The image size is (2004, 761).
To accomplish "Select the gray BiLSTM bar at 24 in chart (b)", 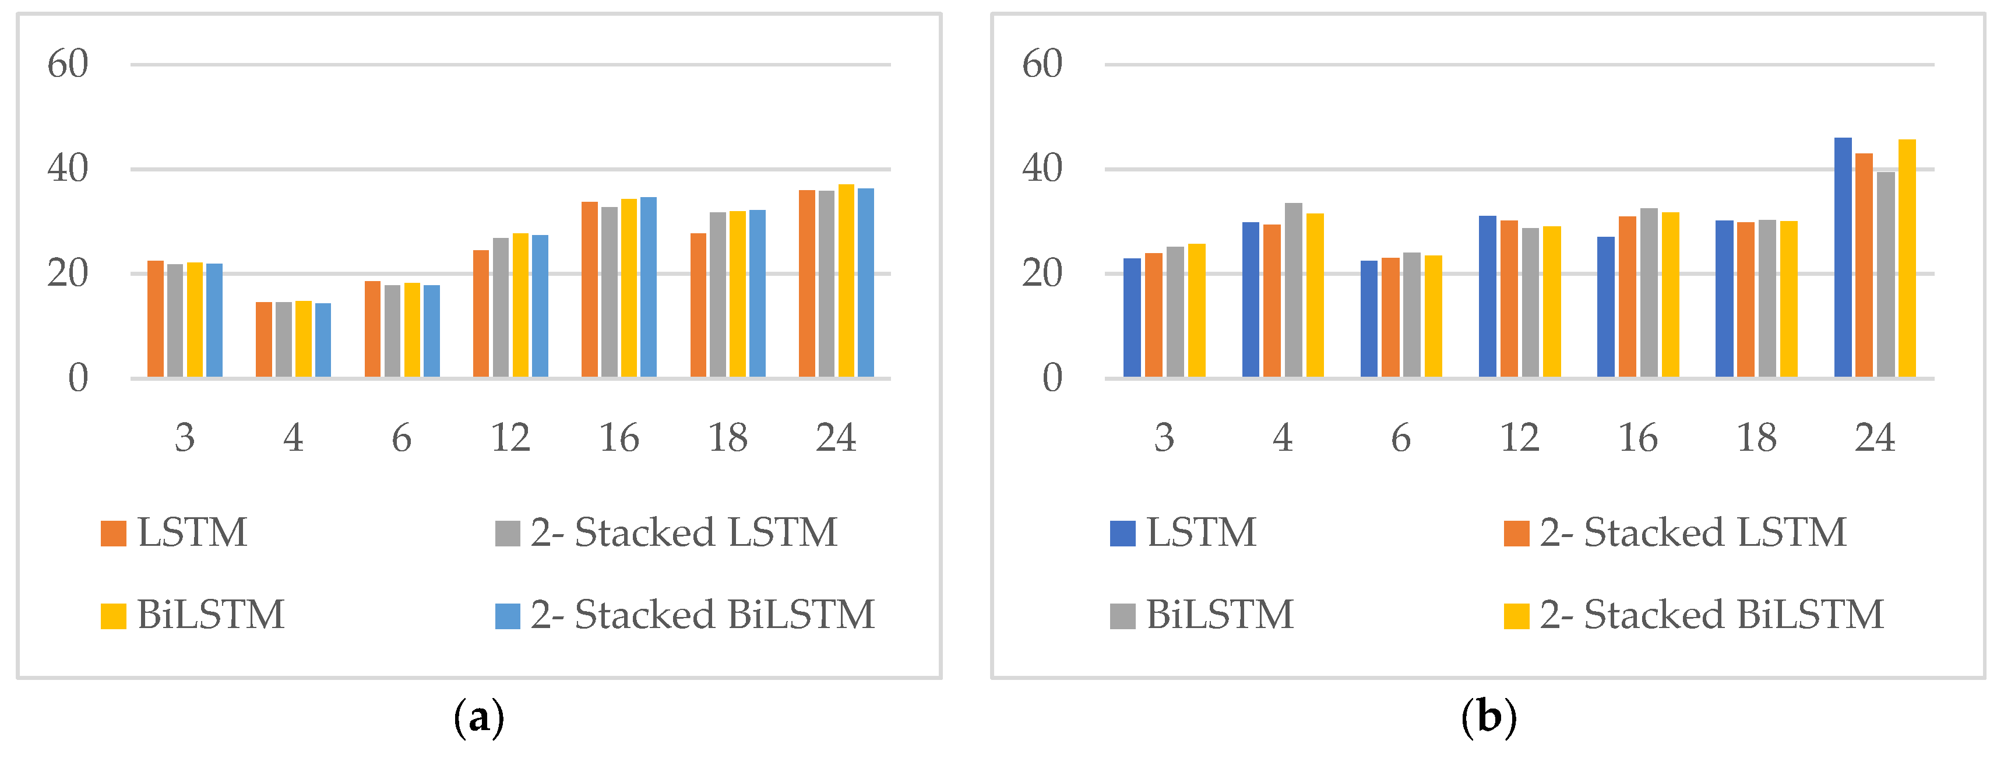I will pyautogui.click(x=1885, y=275).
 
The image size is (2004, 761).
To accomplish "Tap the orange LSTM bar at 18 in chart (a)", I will pyautogui.click(x=698, y=306).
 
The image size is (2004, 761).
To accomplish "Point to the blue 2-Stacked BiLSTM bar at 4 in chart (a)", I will pyautogui.click(x=322, y=341).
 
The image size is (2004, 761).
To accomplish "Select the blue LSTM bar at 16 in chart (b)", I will pyautogui.click(x=1605, y=307).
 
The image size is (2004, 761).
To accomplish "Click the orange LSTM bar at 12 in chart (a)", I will pyautogui.click(x=481, y=314).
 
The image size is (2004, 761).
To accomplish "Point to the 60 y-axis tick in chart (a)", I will pyautogui.click(x=68, y=64).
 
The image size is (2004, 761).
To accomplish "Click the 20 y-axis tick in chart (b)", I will pyautogui.click(x=1042, y=274).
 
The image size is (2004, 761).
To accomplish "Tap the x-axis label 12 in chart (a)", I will pyautogui.click(x=510, y=438).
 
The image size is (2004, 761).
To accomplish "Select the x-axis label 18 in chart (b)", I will pyautogui.click(x=1756, y=438).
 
